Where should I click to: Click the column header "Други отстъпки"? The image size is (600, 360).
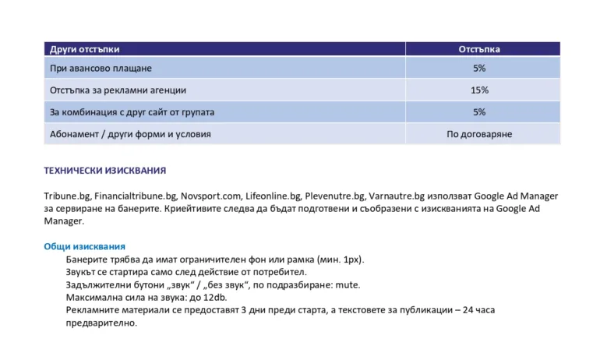coord(84,49)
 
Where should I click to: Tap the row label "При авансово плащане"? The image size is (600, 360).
coord(101,69)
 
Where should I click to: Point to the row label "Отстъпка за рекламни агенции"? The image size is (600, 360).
coord(118,90)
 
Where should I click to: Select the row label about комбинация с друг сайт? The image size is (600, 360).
coord(132,112)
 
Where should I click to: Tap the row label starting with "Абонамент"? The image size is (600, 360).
coord(130,134)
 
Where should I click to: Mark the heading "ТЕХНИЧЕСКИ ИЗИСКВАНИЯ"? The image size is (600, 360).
coord(104,171)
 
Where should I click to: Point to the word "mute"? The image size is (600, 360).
coord(348,284)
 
